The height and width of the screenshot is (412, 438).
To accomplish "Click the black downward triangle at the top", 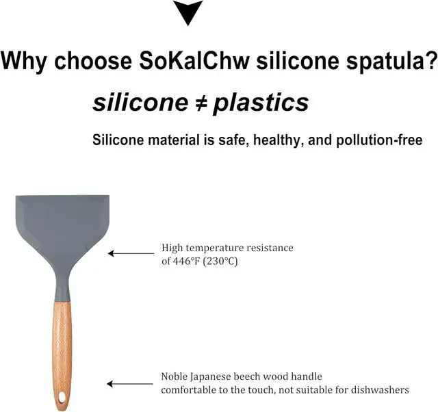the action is tap(188, 12).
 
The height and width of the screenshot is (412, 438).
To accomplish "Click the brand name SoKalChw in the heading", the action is tap(194, 60).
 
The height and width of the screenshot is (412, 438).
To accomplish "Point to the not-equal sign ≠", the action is tap(201, 103).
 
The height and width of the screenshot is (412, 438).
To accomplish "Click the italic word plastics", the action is tap(261, 103).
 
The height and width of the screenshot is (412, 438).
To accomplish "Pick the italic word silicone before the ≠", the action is tap(140, 103).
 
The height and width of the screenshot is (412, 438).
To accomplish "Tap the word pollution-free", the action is tap(379, 140).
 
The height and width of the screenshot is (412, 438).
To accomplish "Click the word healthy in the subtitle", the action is tap(279, 140).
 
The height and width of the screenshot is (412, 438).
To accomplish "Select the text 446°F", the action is tap(186, 261).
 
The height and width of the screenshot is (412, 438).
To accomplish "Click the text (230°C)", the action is tap(220, 261).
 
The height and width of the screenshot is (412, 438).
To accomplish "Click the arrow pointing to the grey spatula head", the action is tap(131, 253).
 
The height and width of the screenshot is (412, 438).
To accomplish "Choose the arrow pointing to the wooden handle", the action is tap(130, 384).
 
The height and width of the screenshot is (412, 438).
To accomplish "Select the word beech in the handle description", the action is tap(245, 376).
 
